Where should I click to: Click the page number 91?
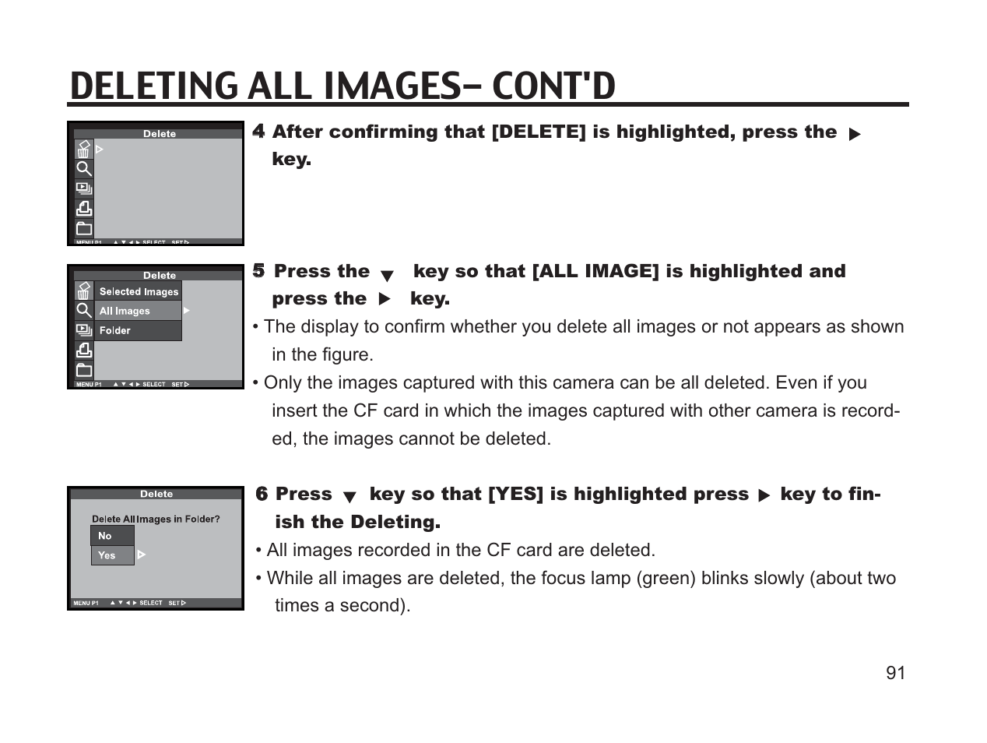[895, 673]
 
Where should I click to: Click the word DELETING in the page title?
[154, 86]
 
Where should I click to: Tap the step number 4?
[258, 132]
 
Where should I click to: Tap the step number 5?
[258, 271]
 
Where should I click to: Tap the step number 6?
[262, 494]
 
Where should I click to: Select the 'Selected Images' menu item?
[139, 291]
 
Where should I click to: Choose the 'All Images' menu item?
[125, 311]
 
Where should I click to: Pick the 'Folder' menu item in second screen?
[115, 330]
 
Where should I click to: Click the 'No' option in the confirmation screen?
[105, 536]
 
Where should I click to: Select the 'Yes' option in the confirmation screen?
[107, 555]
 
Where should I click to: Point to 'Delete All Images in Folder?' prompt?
[156, 519]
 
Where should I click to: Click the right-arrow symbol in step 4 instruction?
[854, 134]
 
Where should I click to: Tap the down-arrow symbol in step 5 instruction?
[387, 275]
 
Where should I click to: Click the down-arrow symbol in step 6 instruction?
[349, 497]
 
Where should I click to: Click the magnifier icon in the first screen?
[84, 168]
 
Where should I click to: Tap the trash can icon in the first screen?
[83, 149]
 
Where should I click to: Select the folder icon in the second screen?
[84, 370]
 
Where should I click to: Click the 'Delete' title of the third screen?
[156, 494]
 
